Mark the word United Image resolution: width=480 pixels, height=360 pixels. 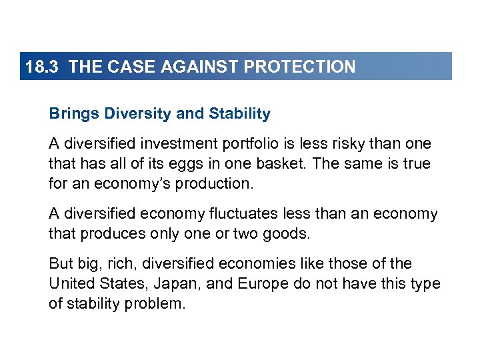[x=71, y=284]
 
